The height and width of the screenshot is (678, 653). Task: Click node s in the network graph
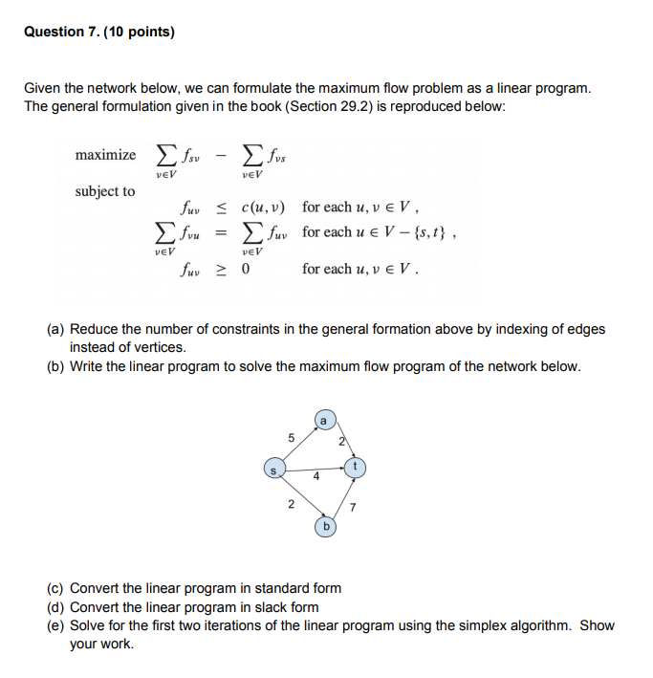pyautogui.click(x=274, y=470)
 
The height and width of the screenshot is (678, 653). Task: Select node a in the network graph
pyautogui.click(x=323, y=419)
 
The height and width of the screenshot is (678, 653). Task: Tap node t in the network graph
pyautogui.click(x=355, y=466)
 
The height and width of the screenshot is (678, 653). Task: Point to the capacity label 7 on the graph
pyautogui.click(x=353, y=507)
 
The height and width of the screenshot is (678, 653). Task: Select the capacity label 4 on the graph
pyautogui.click(x=316, y=481)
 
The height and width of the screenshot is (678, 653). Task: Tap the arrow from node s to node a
pyautogui.click(x=298, y=445)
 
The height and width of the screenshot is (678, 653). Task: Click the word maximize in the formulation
pyautogui.click(x=105, y=155)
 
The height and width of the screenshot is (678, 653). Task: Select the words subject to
pyautogui.click(x=105, y=191)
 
